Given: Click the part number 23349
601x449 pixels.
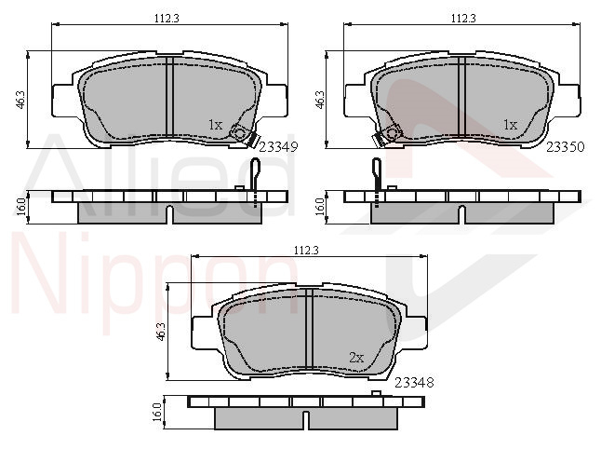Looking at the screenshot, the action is pyautogui.click(x=279, y=147).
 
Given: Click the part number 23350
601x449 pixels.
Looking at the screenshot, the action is pyautogui.click(x=566, y=147).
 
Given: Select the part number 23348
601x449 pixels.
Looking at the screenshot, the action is pyautogui.click(x=414, y=382).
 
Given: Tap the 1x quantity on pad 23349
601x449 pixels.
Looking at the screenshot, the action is pyautogui.click(x=216, y=125).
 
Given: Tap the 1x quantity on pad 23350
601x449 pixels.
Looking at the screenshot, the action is pyautogui.click(x=510, y=125).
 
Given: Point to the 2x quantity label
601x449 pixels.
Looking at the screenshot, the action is pyautogui.click(x=356, y=358).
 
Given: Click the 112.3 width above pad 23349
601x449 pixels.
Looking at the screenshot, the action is pyautogui.click(x=167, y=18).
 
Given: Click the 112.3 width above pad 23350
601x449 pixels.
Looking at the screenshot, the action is pyautogui.click(x=463, y=18).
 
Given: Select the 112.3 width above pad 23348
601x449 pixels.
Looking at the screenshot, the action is pyautogui.click(x=307, y=251).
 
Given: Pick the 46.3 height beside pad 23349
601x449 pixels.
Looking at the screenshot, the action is pyautogui.click(x=20, y=100).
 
